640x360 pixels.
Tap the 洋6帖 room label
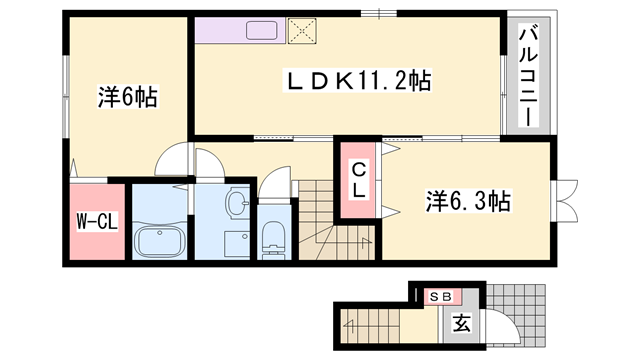[128, 98]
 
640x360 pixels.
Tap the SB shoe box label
[439, 296]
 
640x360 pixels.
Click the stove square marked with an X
[300, 30]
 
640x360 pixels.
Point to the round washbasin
[237, 204]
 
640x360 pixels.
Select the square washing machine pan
[236, 242]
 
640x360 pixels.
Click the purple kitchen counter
[240, 30]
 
